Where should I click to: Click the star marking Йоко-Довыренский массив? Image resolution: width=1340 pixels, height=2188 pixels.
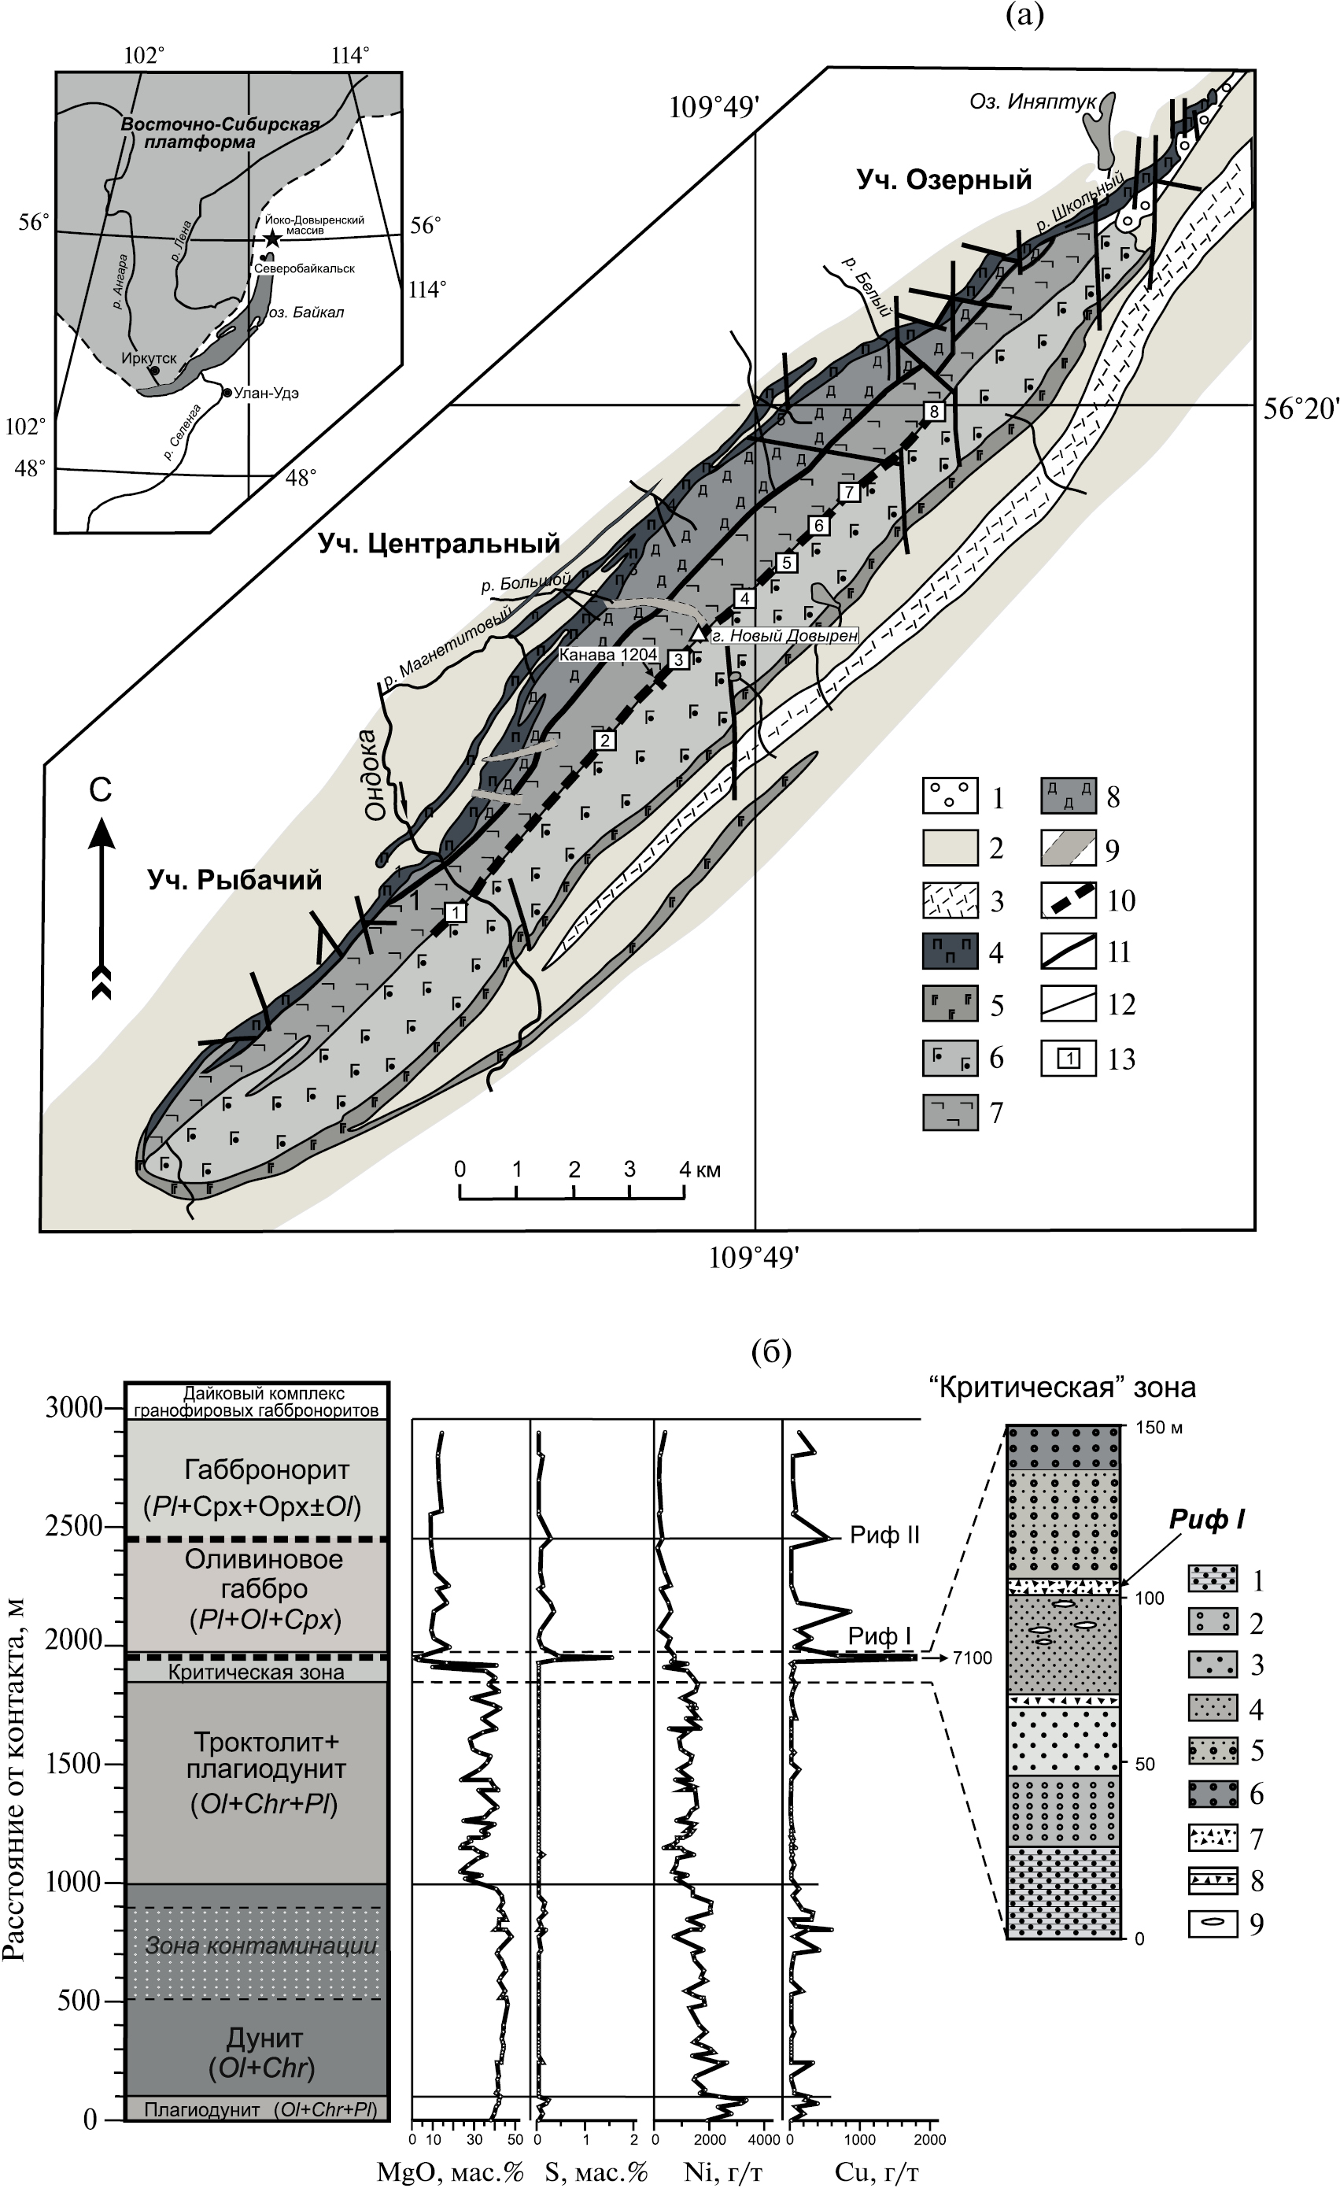(272, 238)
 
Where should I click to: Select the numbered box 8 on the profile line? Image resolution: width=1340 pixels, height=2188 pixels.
(933, 411)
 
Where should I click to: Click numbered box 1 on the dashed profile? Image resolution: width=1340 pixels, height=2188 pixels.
(456, 912)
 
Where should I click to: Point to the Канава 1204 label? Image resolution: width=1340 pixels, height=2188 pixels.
(607, 655)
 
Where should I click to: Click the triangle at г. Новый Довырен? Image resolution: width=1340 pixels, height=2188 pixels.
(700, 632)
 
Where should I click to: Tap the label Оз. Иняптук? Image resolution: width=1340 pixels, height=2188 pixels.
(1032, 102)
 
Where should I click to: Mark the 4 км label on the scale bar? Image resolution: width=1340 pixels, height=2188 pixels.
(700, 1170)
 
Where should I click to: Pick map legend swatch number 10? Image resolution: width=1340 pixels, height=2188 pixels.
(1069, 900)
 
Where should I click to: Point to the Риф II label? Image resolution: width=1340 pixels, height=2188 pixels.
(884, 1536)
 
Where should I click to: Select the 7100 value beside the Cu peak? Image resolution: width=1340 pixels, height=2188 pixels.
(972, 1658)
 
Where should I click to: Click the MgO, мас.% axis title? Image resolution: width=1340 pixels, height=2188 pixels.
(450, 2172)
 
